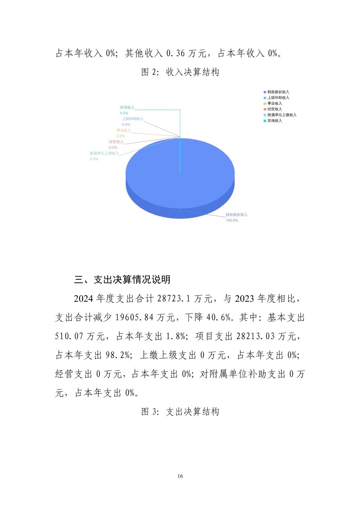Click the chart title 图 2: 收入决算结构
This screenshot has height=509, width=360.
point(180,72)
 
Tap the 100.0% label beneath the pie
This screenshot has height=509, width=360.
point(232,220)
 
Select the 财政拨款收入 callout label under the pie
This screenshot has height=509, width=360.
point(236,215)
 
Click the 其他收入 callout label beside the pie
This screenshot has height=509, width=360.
point(127,107)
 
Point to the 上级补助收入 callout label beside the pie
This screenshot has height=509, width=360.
point(132,119)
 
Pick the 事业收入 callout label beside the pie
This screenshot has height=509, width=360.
point(124,130)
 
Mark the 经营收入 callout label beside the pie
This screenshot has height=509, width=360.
point(116,142)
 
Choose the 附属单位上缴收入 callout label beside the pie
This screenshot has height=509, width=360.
point(104,153)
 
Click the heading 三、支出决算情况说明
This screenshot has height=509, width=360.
point(122,280)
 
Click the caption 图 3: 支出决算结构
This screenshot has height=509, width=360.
point(180,412)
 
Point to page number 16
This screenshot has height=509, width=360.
point(180,476)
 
